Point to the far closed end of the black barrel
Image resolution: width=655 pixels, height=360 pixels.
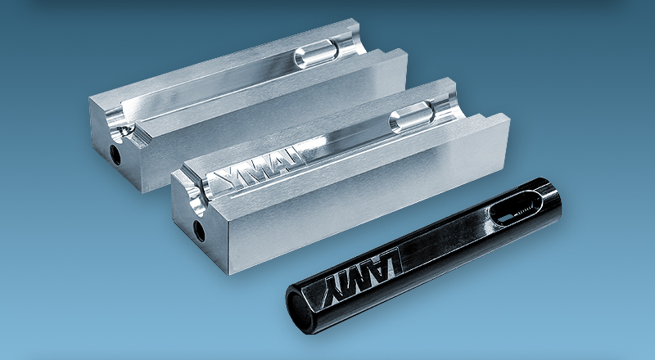[562, 196]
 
